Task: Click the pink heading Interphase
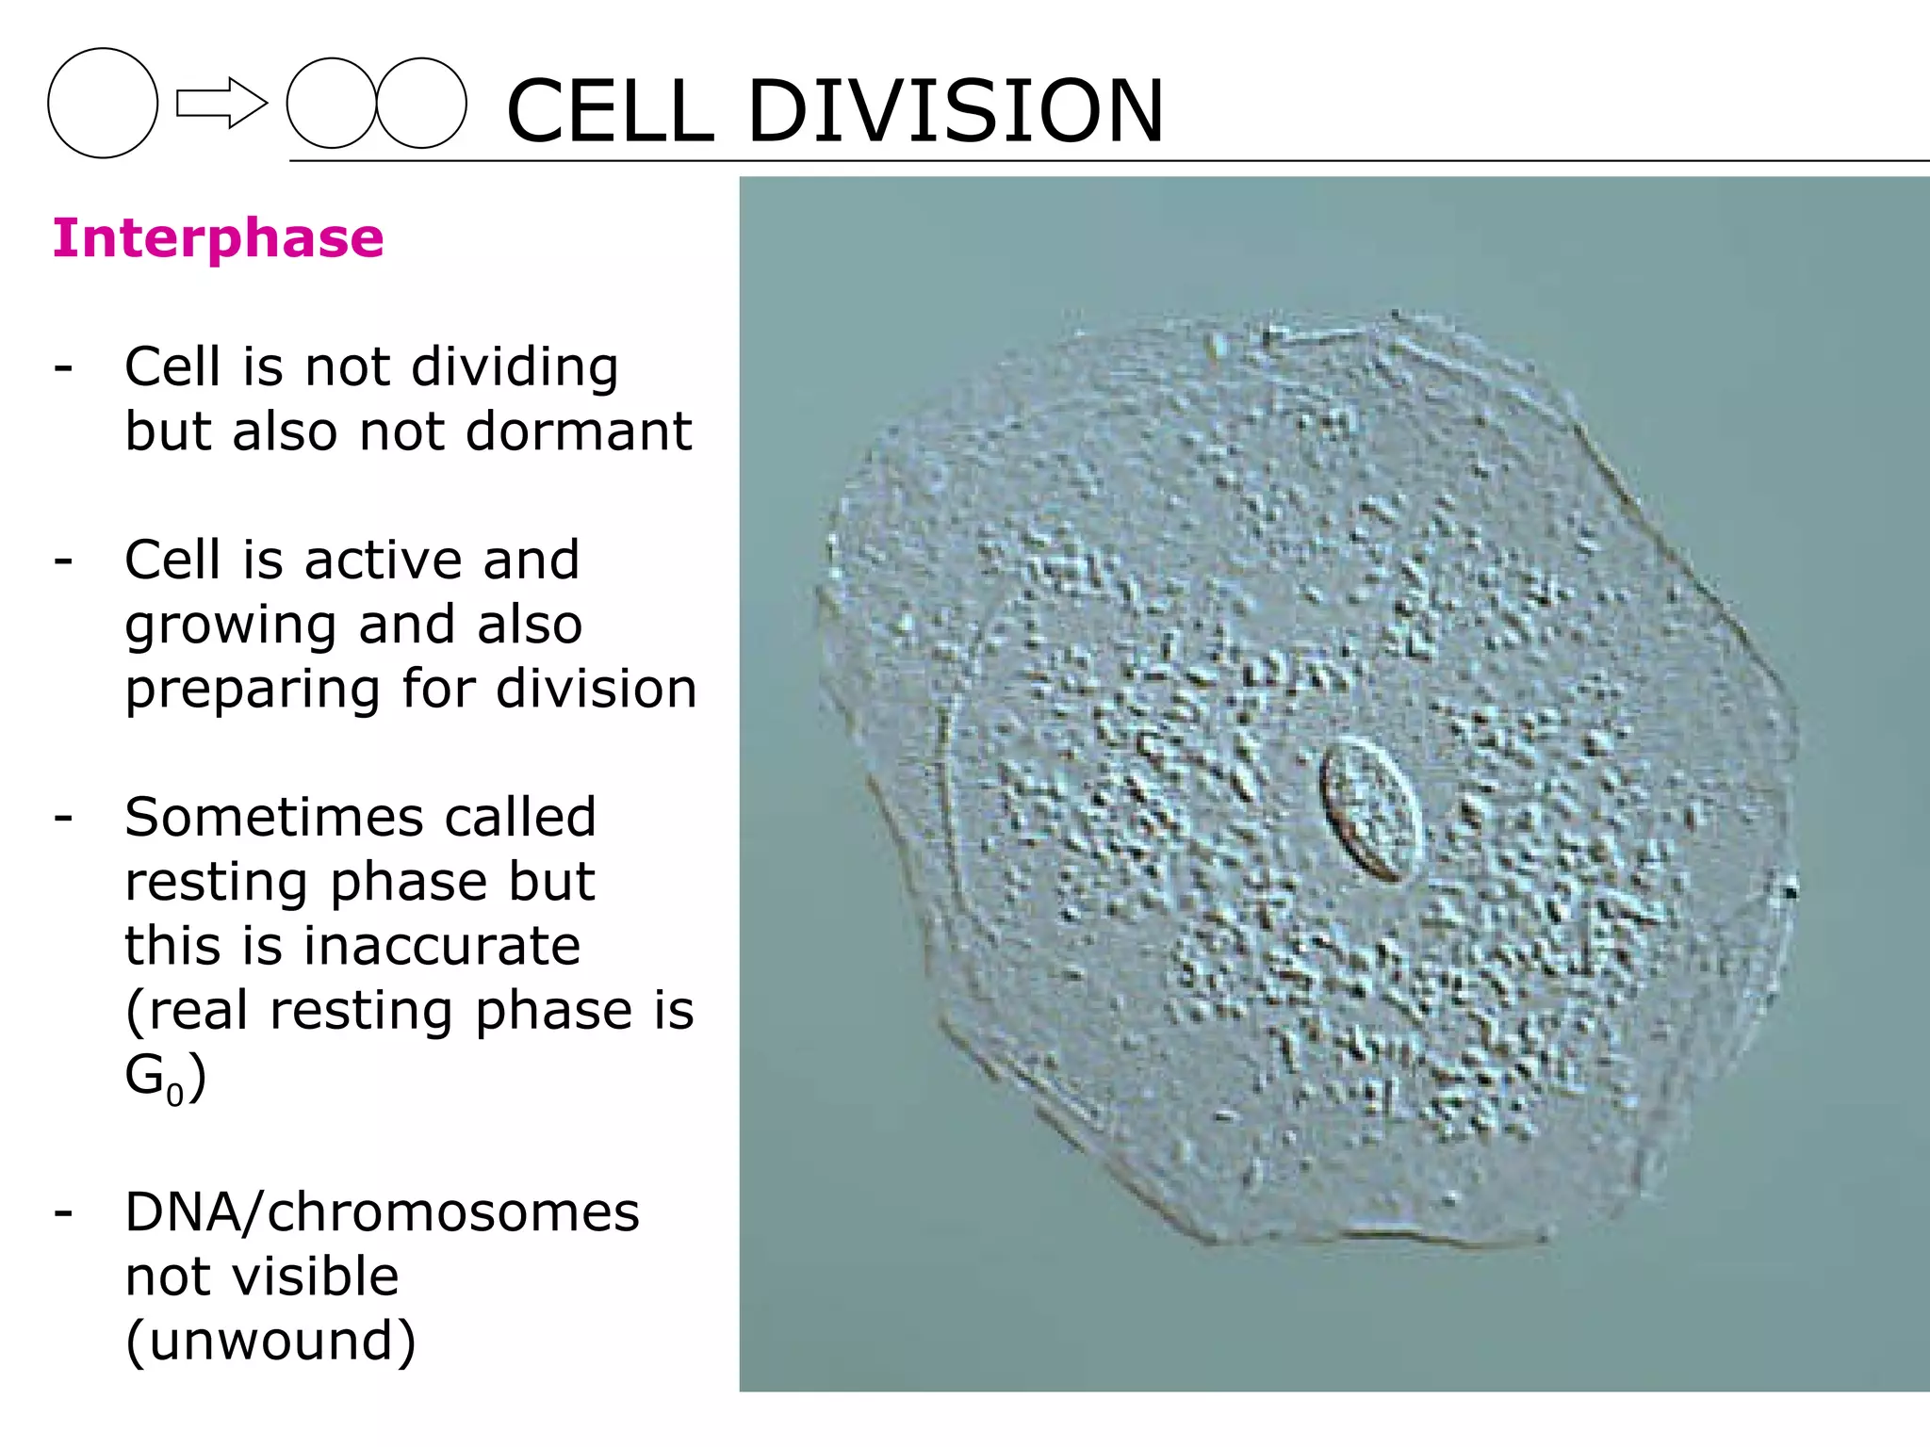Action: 218,237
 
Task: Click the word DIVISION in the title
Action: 956,111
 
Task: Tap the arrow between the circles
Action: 221,103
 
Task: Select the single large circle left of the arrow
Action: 103,103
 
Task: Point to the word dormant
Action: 579,431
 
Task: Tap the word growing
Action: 230,626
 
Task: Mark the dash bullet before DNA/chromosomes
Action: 63,1212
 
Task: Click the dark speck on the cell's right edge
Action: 1789,889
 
